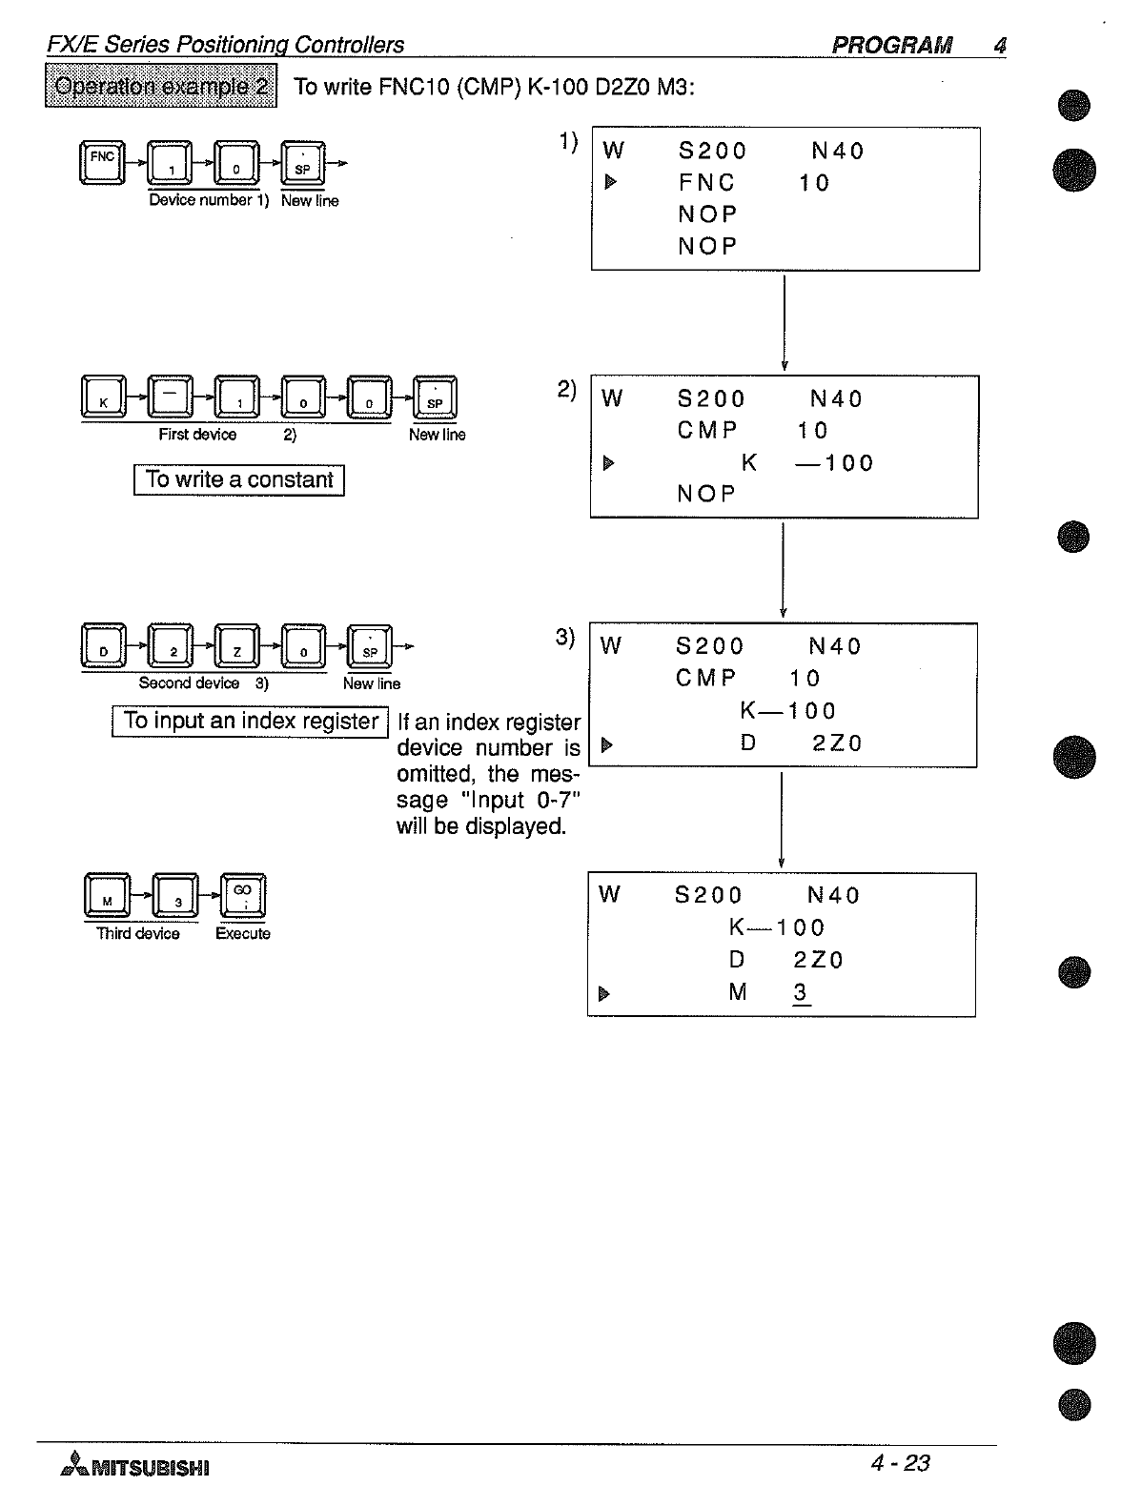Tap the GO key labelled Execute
pos(243,895)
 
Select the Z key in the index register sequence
pos(237,646)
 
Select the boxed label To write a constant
pos(238,479)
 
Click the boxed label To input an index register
pos(251,722)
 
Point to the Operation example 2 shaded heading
pos(161,86)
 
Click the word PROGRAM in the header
pos(891,45)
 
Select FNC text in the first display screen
pos(706,182)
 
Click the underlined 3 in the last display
pos(801,992)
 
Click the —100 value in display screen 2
pos(835,463)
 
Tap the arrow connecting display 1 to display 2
pos(784,322)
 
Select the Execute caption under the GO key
pos(243,934)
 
